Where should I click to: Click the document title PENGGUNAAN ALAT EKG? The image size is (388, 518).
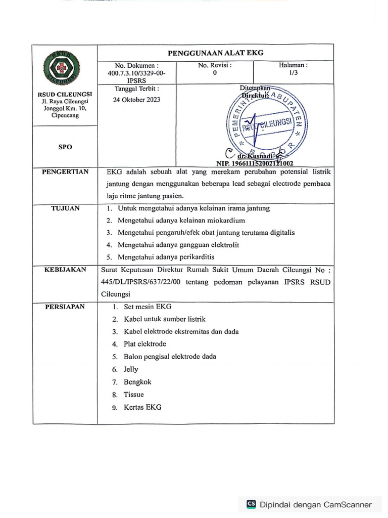pyautogui.click(x=215, y=53)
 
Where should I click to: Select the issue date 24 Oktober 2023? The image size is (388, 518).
pyautogui.click(x=136, y=100)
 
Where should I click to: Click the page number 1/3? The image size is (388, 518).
pyautogui.click(x=293, y=73)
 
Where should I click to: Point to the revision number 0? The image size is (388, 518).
pyautogui.click(x=215, y=73)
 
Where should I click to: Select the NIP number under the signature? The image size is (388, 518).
pyautogui.click(x=255, y=164)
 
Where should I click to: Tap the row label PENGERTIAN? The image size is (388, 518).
pyautogui.click(x=65, y=172)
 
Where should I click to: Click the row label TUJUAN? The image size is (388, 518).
pyautogui.click(x=65, y=208)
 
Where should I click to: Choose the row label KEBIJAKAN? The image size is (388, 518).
pyautogui.click(x=65, y=270)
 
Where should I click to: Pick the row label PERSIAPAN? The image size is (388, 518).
pyautogui.click(x=65, y=307)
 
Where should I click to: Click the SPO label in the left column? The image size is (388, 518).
pyautogui.click(x=65, y=147)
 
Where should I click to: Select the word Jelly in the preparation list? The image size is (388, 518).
pyautogui.click(x=131, y=369)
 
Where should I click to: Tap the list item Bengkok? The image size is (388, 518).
pyautogui.click(x=137, y=382)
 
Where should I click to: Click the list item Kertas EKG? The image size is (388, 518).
pyautogui.click(x=142, y=407)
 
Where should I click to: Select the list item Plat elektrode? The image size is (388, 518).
pyautogui.click(x=145, y=344)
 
